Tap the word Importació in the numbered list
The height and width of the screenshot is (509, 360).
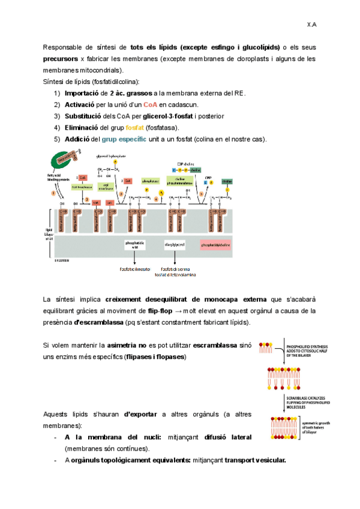(x=83, y=93)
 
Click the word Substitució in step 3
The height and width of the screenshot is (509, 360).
(x=85, y=116)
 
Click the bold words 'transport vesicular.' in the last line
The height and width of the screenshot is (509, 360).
(x=252, y=460)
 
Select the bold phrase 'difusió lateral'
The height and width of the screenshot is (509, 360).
(x=228, y=437)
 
